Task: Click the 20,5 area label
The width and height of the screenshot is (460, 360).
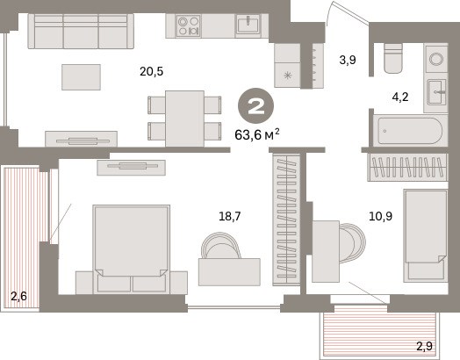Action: [x=151, y=71]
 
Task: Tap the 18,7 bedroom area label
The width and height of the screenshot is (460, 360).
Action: [x=230, y=217]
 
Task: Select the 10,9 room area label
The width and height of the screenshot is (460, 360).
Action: [x=380, y=217]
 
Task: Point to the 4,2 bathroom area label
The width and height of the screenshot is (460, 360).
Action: [x=400, y=97]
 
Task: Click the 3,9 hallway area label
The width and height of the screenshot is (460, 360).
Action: [x=348, y=60]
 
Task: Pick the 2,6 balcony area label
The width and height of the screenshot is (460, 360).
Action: [x=18, y=296]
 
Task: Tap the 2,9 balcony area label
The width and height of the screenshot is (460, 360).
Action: [x=425, y=347]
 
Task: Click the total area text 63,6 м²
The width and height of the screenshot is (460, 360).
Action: [x=257, y=134]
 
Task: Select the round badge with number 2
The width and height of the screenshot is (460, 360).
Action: [x=255, y=106]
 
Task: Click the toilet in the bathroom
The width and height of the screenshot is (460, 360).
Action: [x=392, y=58]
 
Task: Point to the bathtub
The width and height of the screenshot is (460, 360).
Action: [x=410, y=131]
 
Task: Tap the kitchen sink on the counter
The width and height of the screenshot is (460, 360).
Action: [x=248, y=25]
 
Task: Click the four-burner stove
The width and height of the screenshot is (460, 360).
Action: [x=189, y=25]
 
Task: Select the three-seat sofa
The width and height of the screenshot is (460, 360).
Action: [x=81, y=31]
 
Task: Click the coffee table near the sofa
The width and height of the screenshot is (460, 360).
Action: [x=82, y=77]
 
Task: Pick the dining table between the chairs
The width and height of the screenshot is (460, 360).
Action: [x=185, y=119]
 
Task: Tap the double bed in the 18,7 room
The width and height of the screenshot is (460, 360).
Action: [x=131, y=249]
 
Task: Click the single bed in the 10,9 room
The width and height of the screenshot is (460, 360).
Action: [x=426, y=235]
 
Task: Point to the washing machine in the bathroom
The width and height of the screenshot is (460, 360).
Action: [x=436, y=59]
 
